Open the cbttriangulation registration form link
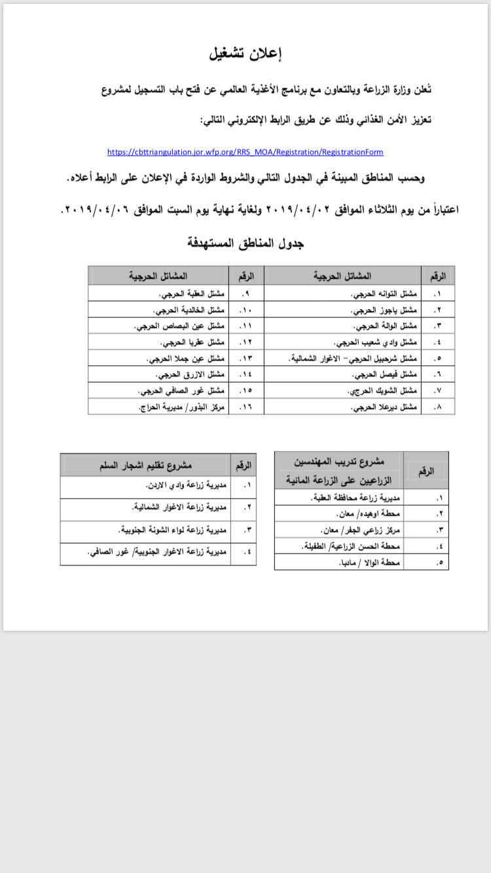(x=245, y=152)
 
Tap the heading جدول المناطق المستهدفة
(x=245, y=243)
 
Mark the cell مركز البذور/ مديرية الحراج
(x=183, y=407)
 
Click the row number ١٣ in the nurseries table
(x=245, y=358)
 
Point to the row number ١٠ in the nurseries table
(x=245, y=309)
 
